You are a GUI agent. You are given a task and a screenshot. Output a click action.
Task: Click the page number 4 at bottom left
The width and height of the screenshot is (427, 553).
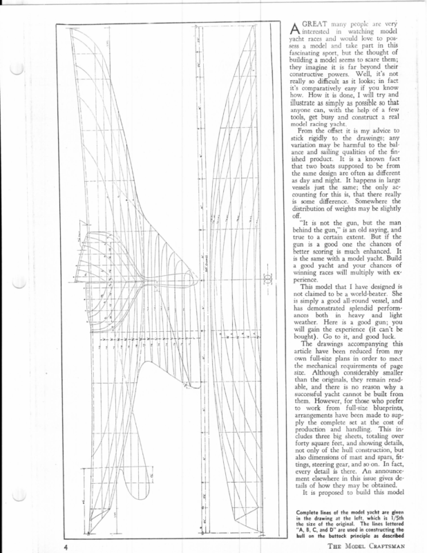point(63,545)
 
